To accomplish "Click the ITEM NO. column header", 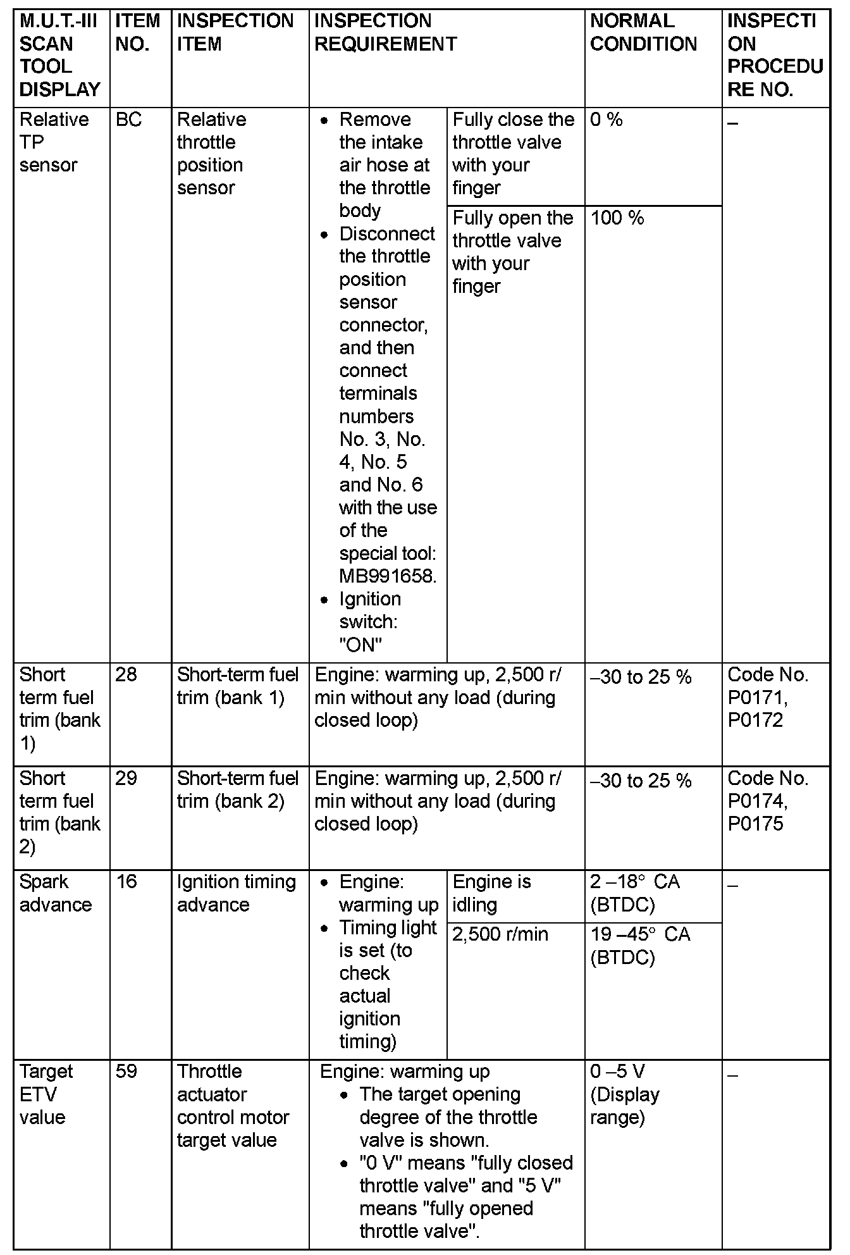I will (138, 33).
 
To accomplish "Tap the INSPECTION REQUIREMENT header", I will (385, 33).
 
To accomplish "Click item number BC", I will (129, 120).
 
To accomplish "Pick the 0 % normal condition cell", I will (606, 120).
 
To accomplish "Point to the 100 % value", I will (617, 218).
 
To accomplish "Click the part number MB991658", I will (387, 576).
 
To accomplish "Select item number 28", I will (126, 675).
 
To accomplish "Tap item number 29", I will (126, 779).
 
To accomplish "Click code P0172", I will (755, 720).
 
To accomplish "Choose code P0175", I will (755, 824).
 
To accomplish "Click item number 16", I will (126, 882).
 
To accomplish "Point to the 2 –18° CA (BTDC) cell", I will (634, 893).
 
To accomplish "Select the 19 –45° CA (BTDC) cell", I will (639, 946).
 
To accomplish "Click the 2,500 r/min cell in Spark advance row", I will (500, 935).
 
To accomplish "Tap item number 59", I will (126, 1072).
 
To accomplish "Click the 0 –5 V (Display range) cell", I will (624, 1094).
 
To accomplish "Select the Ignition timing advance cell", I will (236, 893).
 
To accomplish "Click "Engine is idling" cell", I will (491, 893).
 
